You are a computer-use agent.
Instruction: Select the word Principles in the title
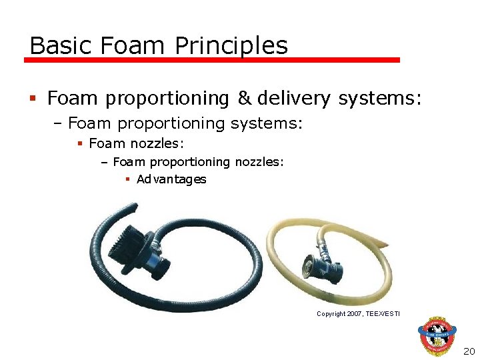click(x=231, y=45)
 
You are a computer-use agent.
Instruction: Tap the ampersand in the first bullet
click(x=245, y=99)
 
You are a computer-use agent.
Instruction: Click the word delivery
click(x=293, y=99)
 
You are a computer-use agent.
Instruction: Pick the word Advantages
click(x=171, y=179)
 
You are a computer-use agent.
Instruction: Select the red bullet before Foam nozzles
click(x=79, y=143)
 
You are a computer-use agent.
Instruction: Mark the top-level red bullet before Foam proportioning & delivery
click(x=33, y=99)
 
